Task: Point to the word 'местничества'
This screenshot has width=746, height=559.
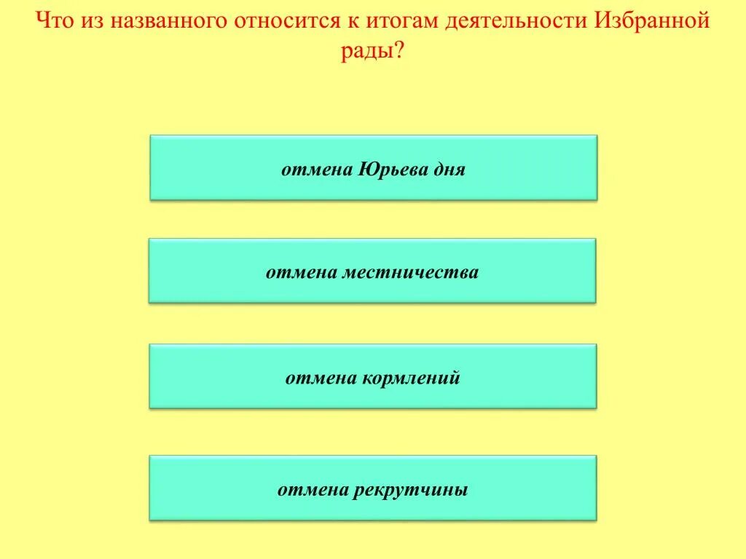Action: click(423, 273)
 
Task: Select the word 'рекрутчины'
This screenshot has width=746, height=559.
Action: click(411, 490)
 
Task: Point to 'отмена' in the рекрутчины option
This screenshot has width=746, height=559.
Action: click(313, 490)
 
